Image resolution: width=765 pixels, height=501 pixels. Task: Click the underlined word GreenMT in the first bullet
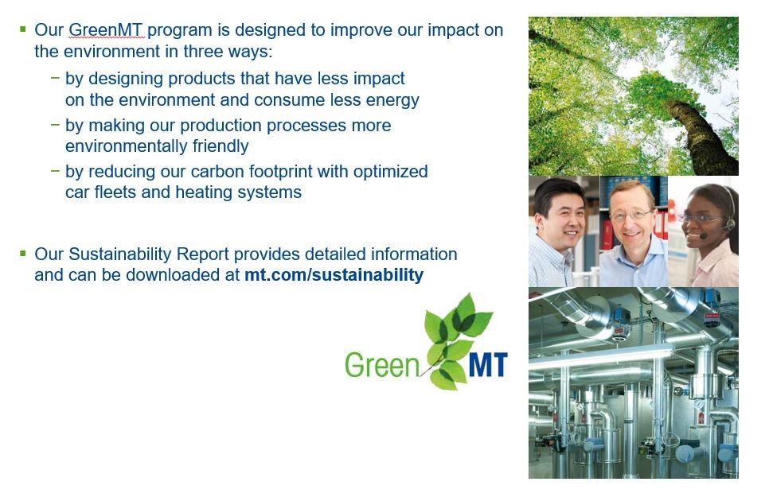click(x=105, y=30)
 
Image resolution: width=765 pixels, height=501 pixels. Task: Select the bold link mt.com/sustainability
click(x=334, y=275)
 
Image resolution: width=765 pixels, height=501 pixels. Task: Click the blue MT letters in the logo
click(x=488, y=364)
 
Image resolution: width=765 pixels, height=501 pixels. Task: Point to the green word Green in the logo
click(x=381, y=365)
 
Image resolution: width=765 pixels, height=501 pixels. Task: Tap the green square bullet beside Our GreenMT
click(x=22, y=29)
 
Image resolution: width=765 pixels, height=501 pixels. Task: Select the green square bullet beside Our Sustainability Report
click(x=22, y=254)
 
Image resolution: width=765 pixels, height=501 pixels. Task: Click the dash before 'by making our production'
click(x=55, y=124)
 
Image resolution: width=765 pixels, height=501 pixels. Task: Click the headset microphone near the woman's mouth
click(x=703, y=236)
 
